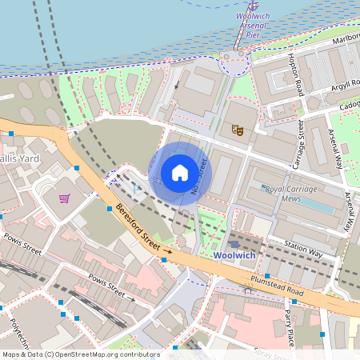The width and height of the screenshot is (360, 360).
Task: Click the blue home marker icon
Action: click(180, 173)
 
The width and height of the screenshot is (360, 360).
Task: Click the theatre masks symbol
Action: click(237, 129)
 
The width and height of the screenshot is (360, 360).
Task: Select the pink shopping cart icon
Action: click(63, 198)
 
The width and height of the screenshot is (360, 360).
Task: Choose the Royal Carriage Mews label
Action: click(292, 194)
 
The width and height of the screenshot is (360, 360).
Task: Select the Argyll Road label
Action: click(342, 86)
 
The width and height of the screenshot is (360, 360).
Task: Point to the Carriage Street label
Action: click(302, 143)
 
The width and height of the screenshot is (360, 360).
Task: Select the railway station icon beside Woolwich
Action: click(234, 243)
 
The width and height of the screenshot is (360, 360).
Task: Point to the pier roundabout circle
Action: click(234, 59)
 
